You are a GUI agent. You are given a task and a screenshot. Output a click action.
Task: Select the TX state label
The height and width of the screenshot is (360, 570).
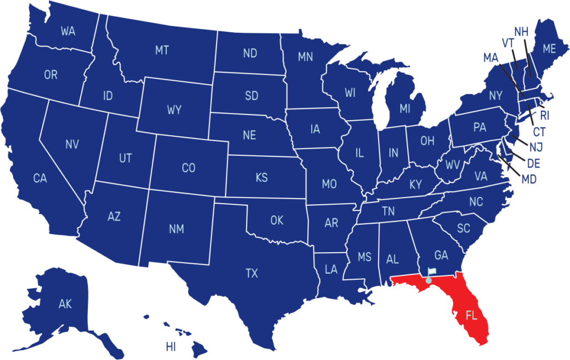click(x=252, y=273)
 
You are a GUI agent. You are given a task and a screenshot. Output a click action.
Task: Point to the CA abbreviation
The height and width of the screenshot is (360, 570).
click(x=40, y=179)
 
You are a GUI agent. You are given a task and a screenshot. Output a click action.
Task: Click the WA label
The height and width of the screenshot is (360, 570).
click(x=68, y=31)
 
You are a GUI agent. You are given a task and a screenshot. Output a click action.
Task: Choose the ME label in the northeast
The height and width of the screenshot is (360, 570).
click(x=549, y=49)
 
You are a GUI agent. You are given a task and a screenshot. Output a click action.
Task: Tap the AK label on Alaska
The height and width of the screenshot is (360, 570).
click(x=65, y=304)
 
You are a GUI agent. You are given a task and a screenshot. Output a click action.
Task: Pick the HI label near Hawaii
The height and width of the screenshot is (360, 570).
click(x=170, y=347)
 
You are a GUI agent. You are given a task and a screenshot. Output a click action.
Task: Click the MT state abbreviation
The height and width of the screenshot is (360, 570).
click(x=161, y=51)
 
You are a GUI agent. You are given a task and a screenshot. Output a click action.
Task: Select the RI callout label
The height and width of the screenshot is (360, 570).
click(x=544, y=116)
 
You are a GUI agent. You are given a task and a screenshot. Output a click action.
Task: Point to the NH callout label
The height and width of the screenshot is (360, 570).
click(x=521, y=32)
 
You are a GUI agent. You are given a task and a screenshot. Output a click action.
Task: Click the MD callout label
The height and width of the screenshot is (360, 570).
click(x=529, y=180)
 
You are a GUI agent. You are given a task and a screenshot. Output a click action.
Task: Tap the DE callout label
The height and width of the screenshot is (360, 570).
click(x=533, y=164)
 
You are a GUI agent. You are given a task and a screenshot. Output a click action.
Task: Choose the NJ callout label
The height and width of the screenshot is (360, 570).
click(x=536, y=147)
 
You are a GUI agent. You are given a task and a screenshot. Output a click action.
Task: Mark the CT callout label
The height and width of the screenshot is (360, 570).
click(x=539, y=132)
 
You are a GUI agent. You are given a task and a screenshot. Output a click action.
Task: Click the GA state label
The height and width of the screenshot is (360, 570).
click(x=441, y=255)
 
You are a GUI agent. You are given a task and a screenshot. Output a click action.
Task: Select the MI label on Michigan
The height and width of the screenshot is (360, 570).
click(x=405, y=109)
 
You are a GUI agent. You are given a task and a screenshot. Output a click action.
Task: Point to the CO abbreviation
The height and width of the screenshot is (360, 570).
click(x=189, y=167)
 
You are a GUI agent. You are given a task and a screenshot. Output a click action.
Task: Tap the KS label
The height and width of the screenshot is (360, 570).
click(x=262, y=178)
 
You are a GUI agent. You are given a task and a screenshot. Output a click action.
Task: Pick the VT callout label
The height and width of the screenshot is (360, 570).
click(x=507, y=43)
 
